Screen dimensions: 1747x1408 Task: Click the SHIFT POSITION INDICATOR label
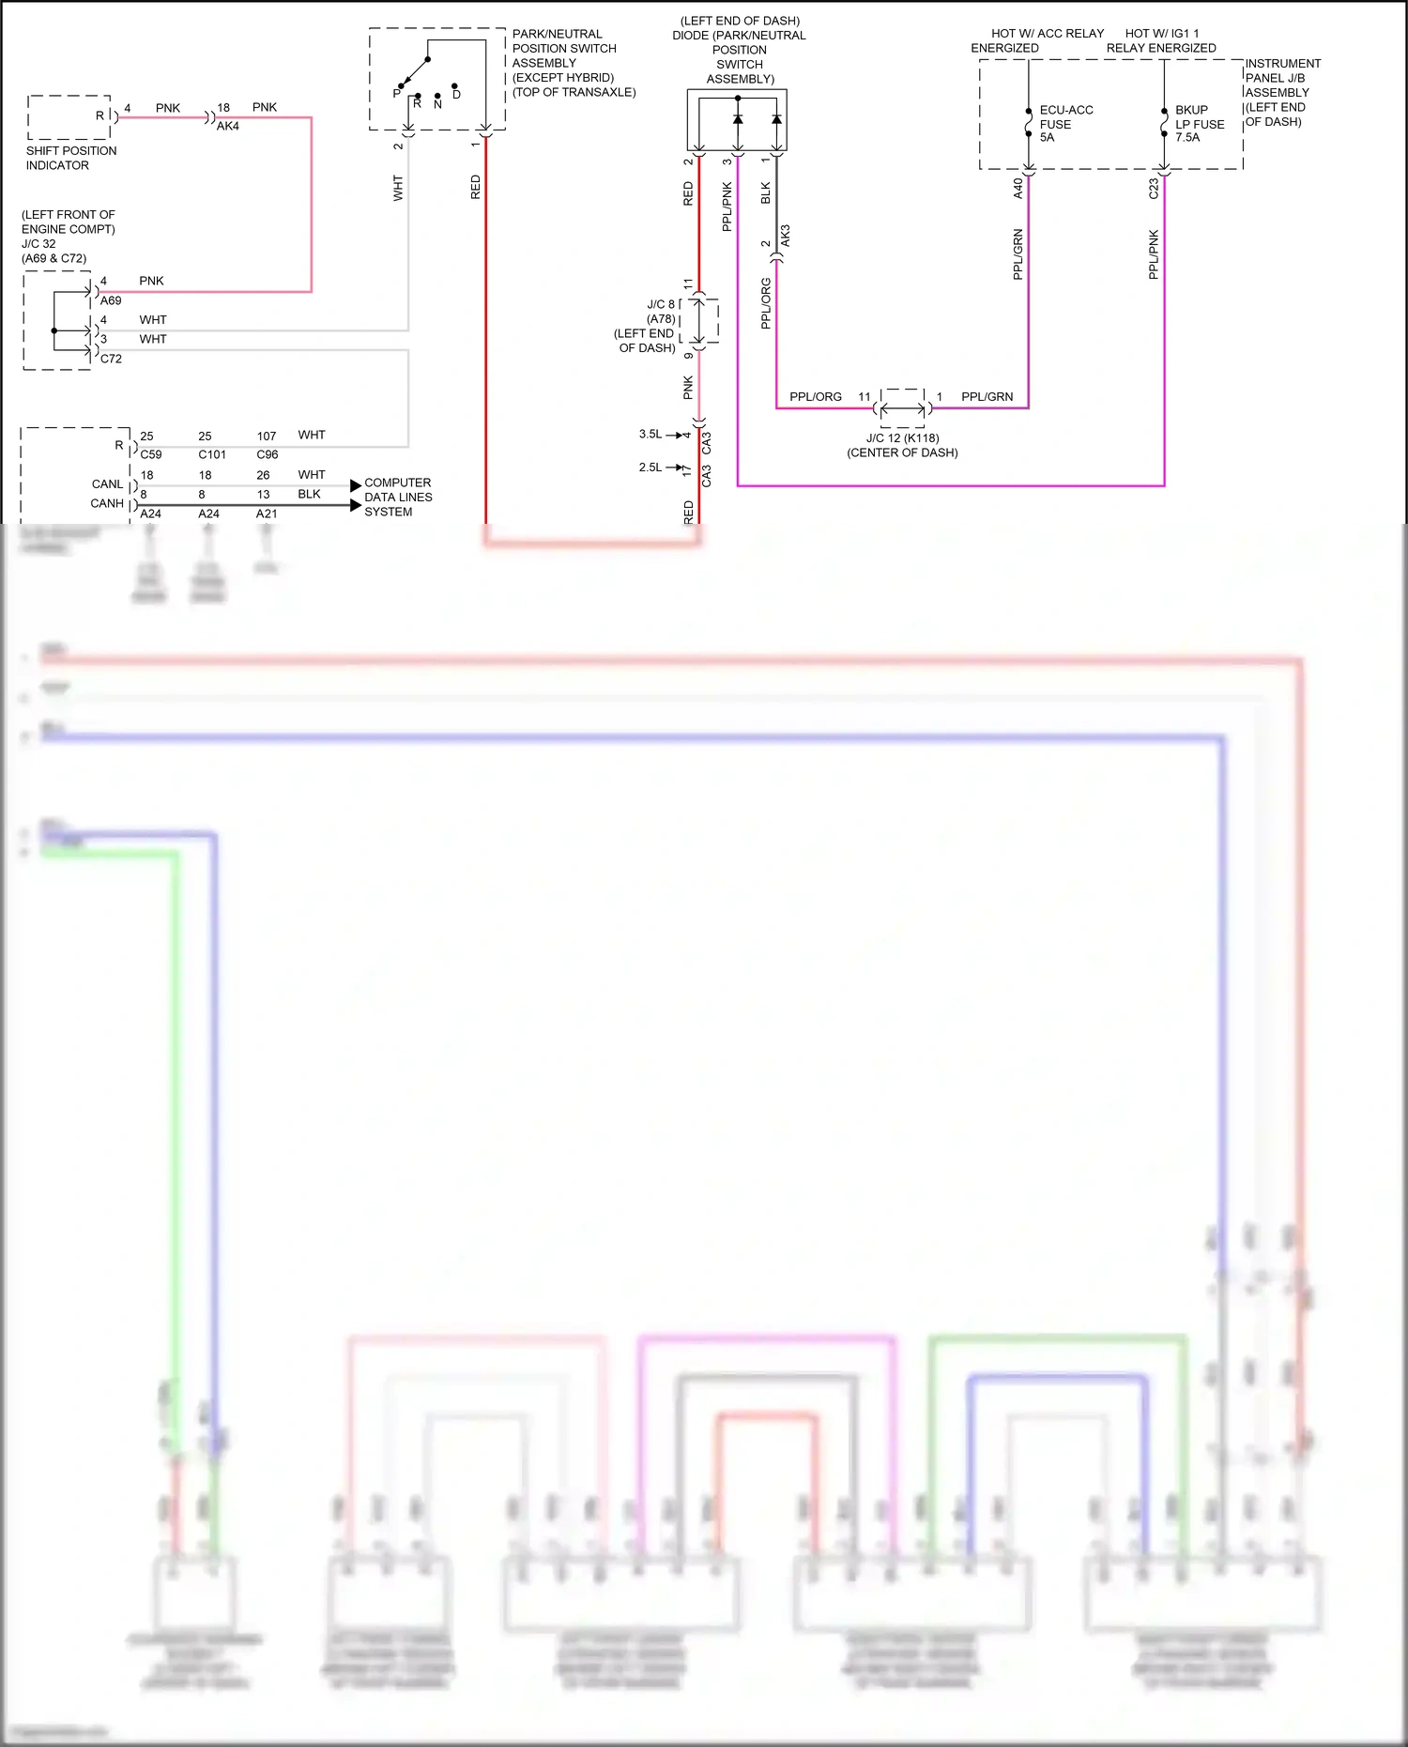click(x=70, y=158)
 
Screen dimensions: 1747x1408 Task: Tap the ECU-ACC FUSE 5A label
click(x=1065, y=124)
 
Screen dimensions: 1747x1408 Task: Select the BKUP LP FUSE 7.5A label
click(x=1199, y=124)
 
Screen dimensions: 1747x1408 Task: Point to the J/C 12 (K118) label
click(x=902, y=438)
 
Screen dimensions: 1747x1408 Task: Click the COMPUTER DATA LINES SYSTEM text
click(x=398, y=498)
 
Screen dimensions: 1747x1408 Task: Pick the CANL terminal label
click(x=107, y=484)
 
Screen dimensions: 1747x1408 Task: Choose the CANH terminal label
click(x=107, y=504)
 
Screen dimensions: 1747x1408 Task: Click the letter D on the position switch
click(x=456, y=95)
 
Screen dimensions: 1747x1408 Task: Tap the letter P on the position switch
click(x=396, y=94)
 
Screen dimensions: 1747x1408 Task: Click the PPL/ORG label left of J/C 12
click(x=815, y=397)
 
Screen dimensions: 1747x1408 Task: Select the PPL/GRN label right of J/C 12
click(x=987, y=397)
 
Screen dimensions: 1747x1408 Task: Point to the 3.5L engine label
click(x=650, y=435)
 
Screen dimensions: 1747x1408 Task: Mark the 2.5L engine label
click(x=650, y=467)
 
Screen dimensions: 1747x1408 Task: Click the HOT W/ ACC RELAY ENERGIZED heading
click(x=1038, y=40)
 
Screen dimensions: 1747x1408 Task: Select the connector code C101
click(x=212, y=455)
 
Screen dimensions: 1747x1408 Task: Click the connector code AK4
click(x=228, y=126)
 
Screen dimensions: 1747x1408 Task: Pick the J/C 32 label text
click(x=38, y=244)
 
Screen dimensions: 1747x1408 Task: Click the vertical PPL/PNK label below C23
click(x=1154, y=254)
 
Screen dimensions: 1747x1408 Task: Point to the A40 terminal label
click(x=1018, y=189)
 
